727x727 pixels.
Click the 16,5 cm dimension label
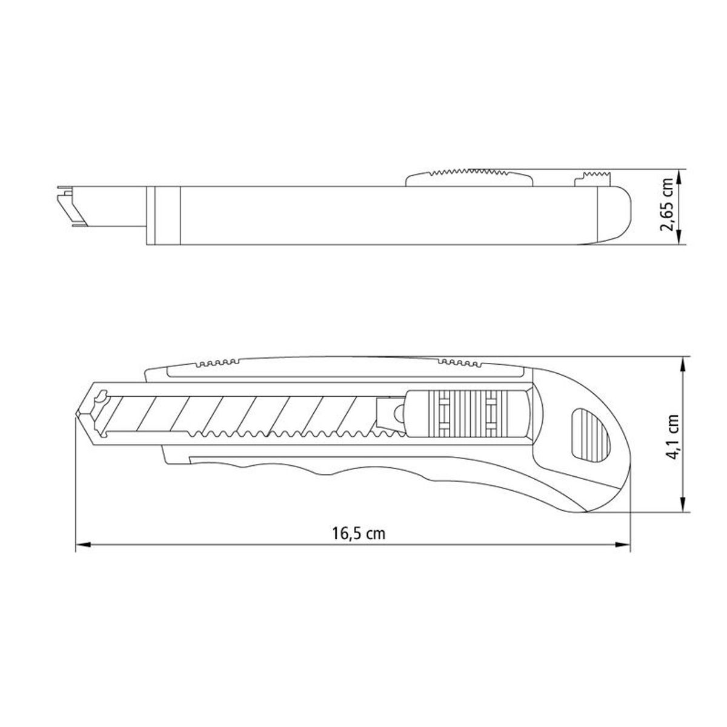pyautogui.click(x=359, y=534)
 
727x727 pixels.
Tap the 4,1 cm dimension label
pyautogui.click(x=672, y=437)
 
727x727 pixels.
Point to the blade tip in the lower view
pyautogui.click(x=76, y=414)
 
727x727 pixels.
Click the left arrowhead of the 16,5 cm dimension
pyautogui.click(x=83, y=545)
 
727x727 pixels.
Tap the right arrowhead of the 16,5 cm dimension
pyautogui.click(x=623, y=545)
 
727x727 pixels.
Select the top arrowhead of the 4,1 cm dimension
pyautogui.click(x=682, y=365)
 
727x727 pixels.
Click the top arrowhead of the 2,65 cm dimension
pyautogui.click(x=679, y=176)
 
